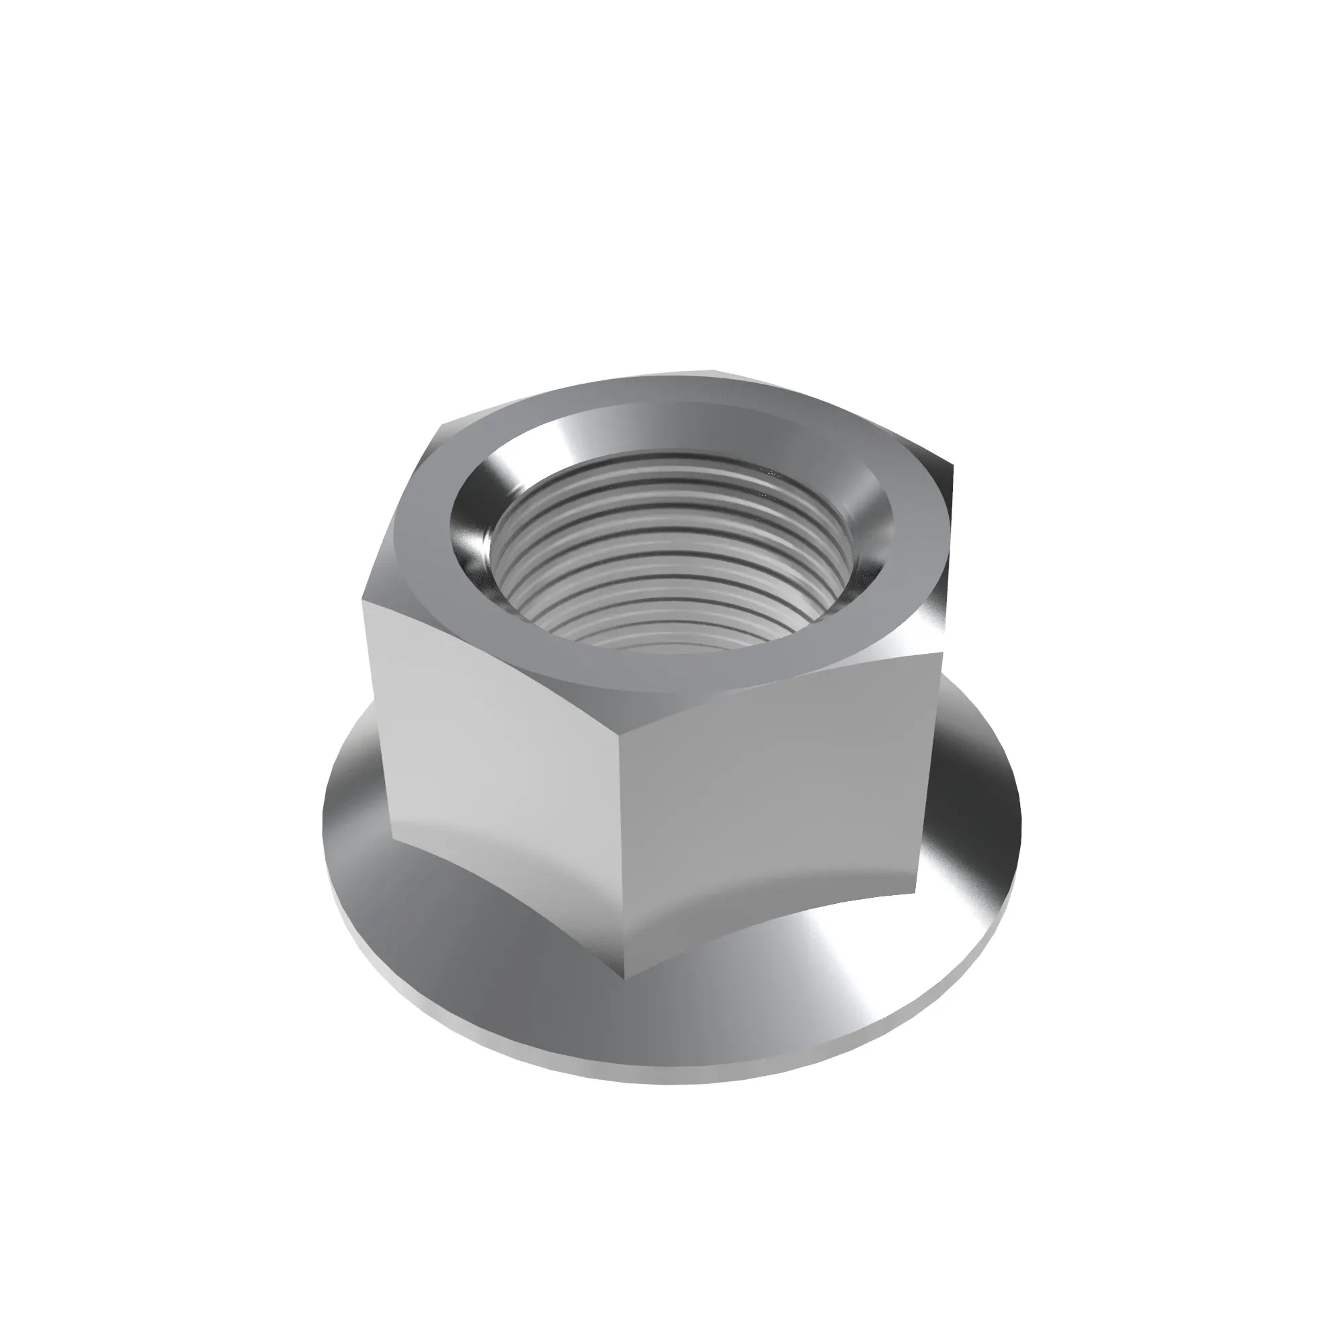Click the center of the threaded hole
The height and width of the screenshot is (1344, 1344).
pos(671,556)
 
